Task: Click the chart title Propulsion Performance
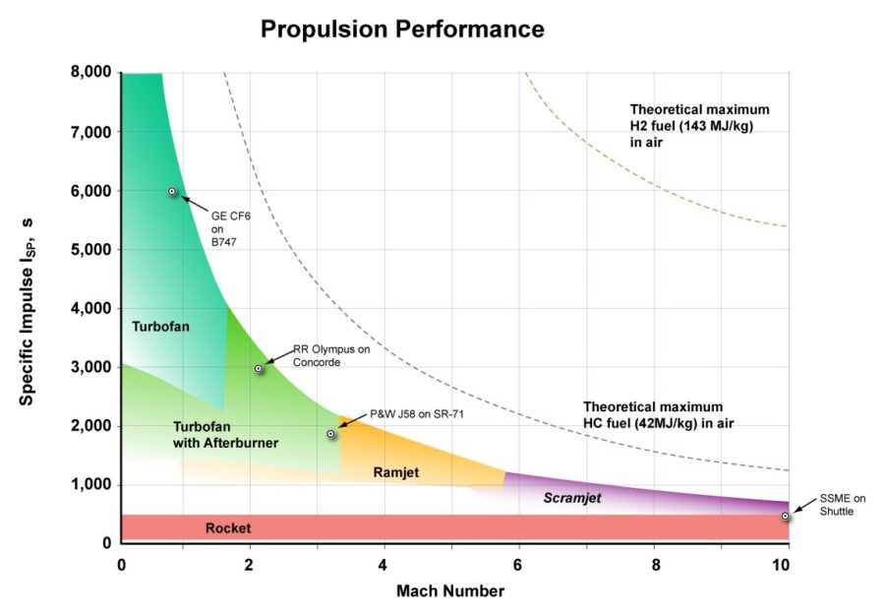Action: click(x=401, y=30)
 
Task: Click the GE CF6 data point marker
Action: click(x=172, y=192)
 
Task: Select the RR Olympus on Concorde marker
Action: click(x=259, y=368)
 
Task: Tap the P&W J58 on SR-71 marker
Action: click(x=331, y=434)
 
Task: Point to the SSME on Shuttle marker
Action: click(x=785, y=516)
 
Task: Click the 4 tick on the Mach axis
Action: click(x=382, y=565)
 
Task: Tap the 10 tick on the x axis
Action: click(x=781, y=565)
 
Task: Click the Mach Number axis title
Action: click(x=450, y=591)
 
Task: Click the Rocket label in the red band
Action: click(x=227, y=528)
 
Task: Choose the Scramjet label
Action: click(x=571, y=498)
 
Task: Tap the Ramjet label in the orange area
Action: click(x=395, y=473)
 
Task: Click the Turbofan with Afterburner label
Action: click(x=225, y=435)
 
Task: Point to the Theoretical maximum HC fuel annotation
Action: click(x=659, y=414)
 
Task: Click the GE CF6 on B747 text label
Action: click(x=224, y=229)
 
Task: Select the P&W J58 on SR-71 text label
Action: click(x=416, y=413)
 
